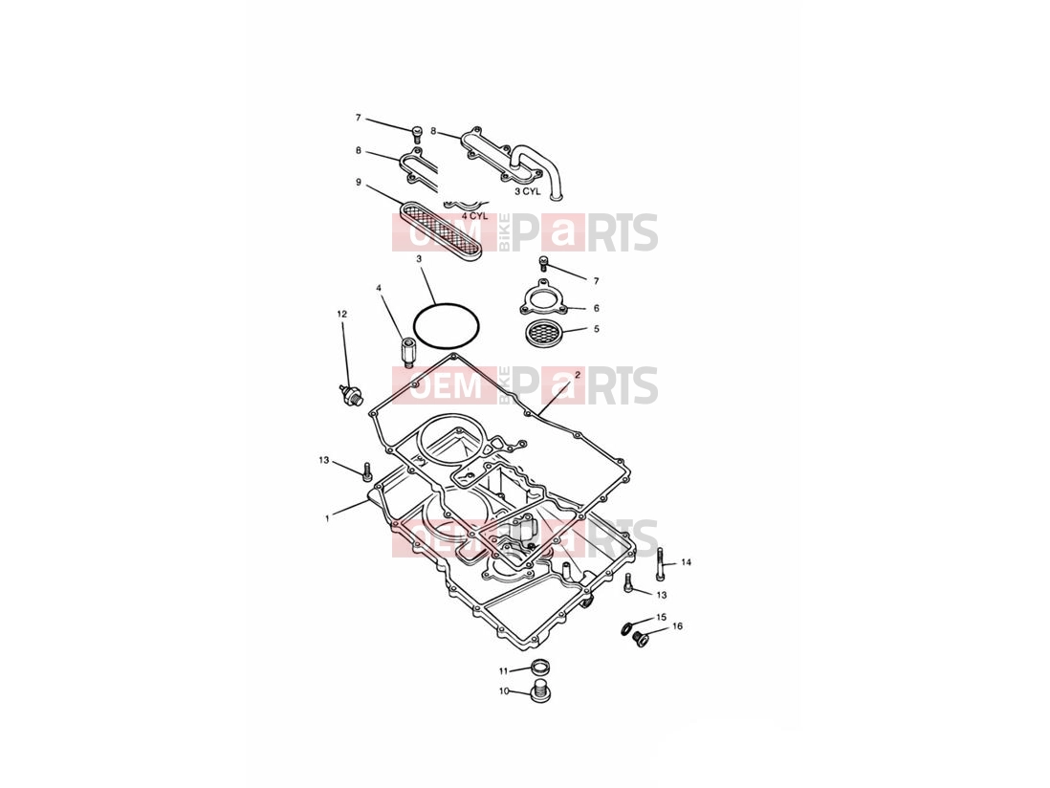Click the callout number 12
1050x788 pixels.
pyautogui.click(x=342, y=314)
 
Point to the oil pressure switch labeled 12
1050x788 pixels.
pyautogui.click(x=349, y=394)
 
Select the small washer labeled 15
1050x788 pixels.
pyautogui.click(x=626, y=628)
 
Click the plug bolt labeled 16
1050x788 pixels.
pyautogui.click(x=641, y=640)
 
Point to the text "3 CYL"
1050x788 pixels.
pyautogui.click(x=526, y=191)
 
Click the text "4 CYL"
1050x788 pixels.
pyautogui.click(x=474, y=216)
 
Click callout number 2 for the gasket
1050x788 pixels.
pyautogui.click(x=578, y=376)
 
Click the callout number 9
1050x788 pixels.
pyautogui.click(x=359, y=182)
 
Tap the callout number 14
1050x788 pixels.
pyautogui.click(x=686, y=562)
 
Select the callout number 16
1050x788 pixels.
pyautogui.click(x=677, y=626)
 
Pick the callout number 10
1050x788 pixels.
pyautogui.click(x=504, y=690)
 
